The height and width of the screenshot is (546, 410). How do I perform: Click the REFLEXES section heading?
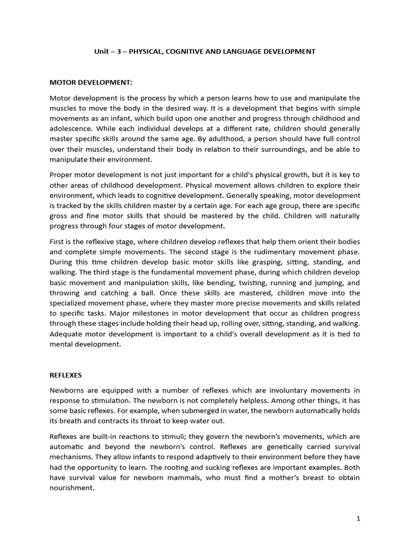pyautogui.click(x=67, y=375)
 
